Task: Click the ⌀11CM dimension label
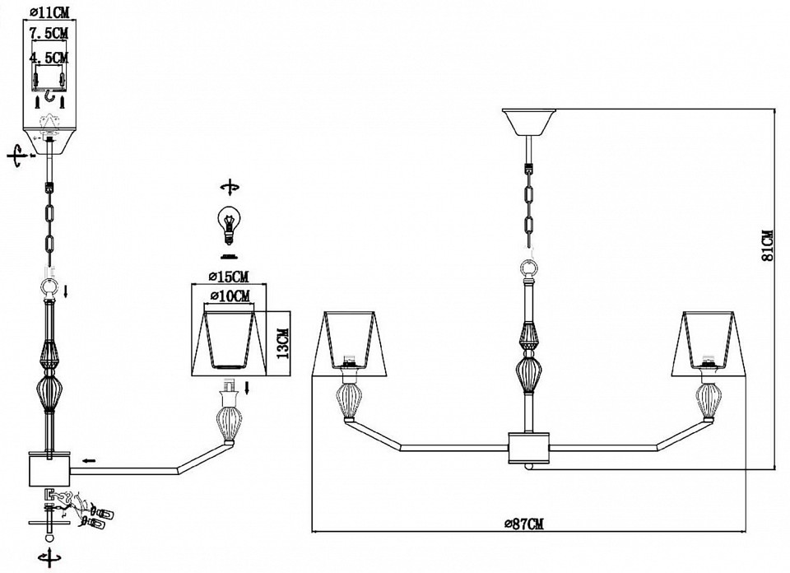[49, 11]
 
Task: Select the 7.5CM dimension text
[49, 34]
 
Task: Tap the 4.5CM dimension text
[49, 58]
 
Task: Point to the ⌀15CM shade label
[229, 277]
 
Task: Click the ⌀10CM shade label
[230, 296]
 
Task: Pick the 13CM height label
[283, 342]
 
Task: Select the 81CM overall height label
[767, 245]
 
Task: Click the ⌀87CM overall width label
[524, 524]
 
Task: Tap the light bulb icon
[229, 226]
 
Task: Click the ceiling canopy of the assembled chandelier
[529, 122]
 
